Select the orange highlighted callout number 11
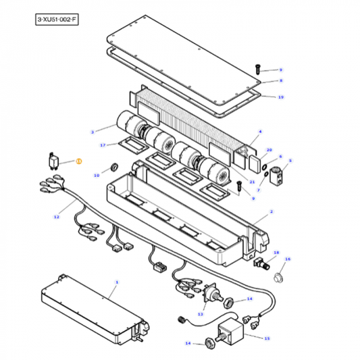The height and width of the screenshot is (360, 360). (x=78, y=161)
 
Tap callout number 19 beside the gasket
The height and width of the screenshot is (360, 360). (x=280, y=97)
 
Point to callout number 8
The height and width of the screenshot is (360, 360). (x=280, y=80)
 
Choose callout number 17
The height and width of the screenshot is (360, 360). (x=103, y=145)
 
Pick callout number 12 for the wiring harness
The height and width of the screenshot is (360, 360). (x=57, y=217)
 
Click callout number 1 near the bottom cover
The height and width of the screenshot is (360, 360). (x=117, y=282)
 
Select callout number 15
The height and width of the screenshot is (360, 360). (x=266, y=338)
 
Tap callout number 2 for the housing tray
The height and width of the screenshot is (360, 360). (x=271, y=211)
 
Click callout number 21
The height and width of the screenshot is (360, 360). (x=251, y=182)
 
